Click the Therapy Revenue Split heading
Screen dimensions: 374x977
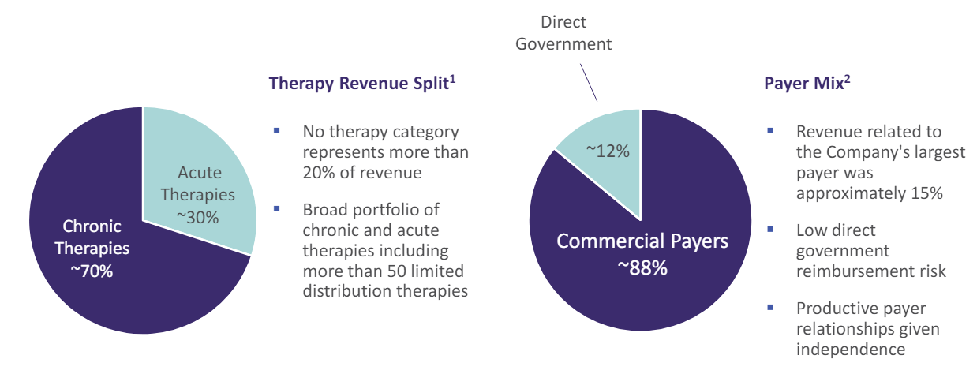[359, 84]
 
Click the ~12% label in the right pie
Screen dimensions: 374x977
[607, 151]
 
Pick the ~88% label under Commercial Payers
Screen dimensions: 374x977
[642, 267]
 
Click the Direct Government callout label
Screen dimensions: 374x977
[563, 33]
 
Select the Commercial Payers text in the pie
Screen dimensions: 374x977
[642, 241]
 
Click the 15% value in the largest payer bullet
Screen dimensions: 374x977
[926, 193]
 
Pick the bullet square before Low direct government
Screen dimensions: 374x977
[770, 230]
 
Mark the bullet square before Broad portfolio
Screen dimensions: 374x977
[277, 210]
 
